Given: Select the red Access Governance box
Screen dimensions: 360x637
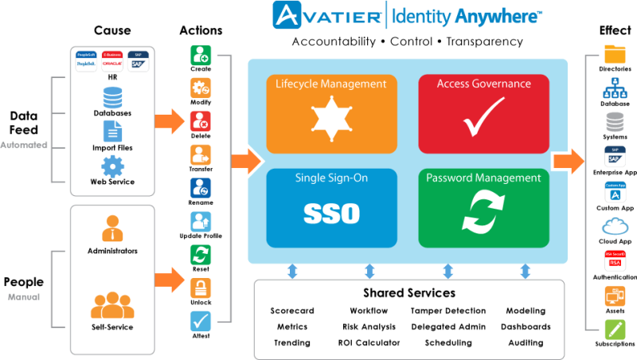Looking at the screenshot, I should (483, 112).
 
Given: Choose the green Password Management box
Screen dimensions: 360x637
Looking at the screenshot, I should (483, 206).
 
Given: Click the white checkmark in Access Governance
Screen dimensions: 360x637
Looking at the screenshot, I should (484, 117).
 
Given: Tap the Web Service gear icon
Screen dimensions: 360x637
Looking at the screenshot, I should (112, 166).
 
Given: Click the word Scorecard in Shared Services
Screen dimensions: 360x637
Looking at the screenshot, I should (291, 311).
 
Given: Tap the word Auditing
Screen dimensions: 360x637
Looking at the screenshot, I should (526, 342).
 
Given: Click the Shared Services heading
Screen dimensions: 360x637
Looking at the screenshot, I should (408, 293).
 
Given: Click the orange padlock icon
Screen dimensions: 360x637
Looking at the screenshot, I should (201, 285).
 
